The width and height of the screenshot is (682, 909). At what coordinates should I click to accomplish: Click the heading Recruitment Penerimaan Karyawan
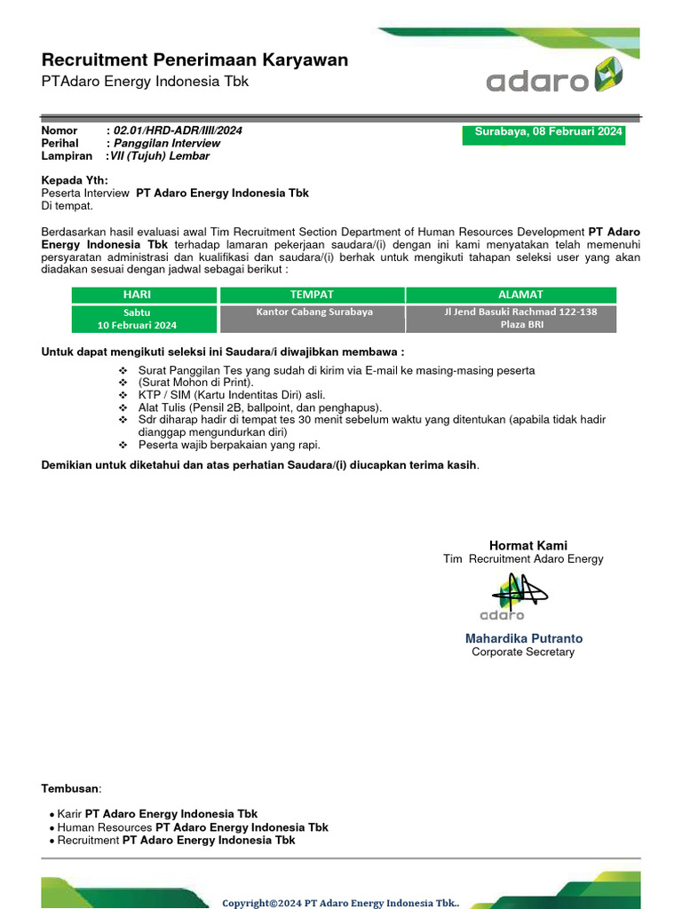pos(194,60)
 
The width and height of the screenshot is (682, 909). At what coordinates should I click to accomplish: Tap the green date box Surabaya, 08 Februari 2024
pos(543,133)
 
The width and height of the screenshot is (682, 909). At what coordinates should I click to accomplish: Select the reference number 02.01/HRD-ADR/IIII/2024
pos(178,130)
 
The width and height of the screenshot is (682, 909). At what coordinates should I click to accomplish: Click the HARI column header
pos(143,295)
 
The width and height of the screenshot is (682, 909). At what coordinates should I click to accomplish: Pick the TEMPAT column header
pos(312,295)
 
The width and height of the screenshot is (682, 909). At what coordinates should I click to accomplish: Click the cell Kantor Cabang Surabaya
pos(313,312)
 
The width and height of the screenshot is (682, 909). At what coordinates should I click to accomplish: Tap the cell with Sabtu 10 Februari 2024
pos(143,319)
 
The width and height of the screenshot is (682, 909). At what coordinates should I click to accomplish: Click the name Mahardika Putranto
pos(524,638)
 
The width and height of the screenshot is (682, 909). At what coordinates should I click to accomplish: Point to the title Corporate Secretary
pos(523,652)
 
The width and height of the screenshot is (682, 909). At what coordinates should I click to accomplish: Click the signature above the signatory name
pos(514,594)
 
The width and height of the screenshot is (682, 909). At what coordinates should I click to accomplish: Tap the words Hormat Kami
pos(528,545)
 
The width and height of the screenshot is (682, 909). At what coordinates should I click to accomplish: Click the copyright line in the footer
pos(341,902)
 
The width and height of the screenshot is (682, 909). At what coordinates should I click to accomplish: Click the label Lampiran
pos(67,155)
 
